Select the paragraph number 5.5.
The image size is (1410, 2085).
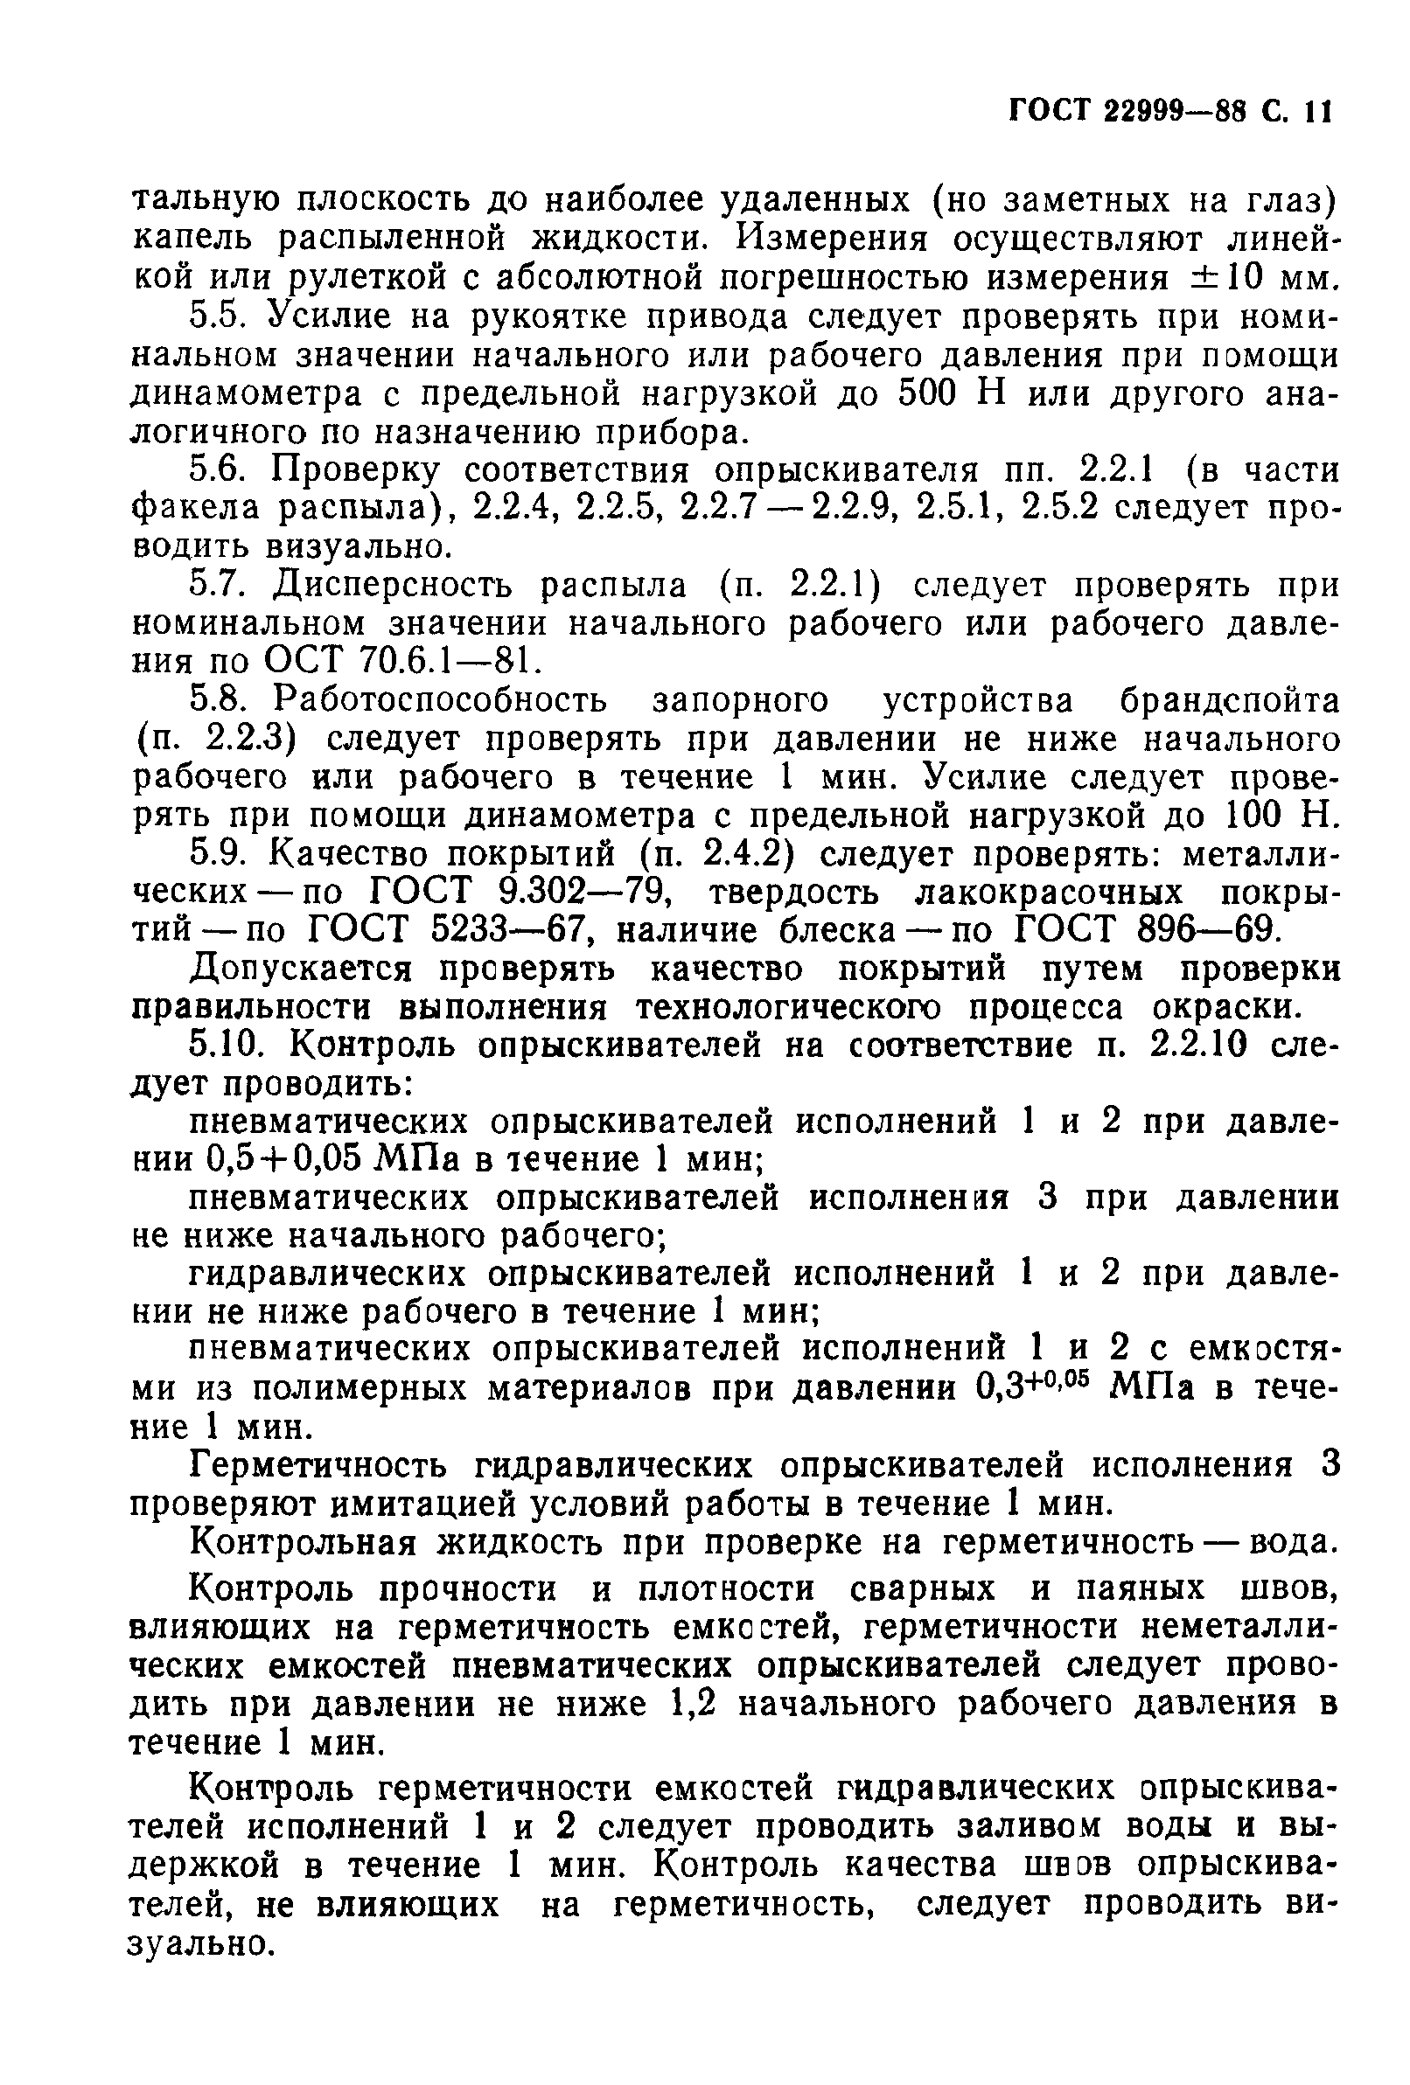tap(218, 316)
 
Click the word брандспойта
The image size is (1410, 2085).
tap(1229, 699)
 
